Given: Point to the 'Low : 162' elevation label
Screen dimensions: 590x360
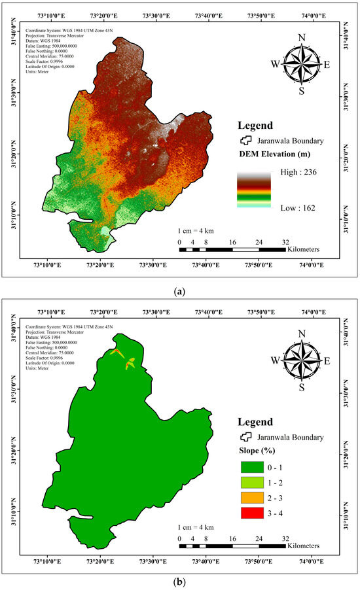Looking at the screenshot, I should click(293, 206).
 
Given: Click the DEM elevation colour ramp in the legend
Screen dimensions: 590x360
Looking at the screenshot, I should click(253, 190).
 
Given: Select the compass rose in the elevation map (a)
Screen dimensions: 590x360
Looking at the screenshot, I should click(301, 63).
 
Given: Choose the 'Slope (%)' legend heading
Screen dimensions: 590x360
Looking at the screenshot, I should click(256, 451).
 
